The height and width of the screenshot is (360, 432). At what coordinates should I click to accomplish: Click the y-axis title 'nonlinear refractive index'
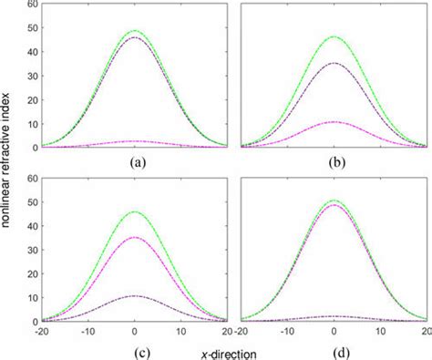click(8, 178)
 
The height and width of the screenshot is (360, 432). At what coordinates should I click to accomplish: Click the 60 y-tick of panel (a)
click(33, 5)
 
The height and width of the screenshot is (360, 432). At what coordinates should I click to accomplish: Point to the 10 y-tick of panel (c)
click(33, 298)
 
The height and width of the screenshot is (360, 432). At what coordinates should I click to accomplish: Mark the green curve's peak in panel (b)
click(331, 36)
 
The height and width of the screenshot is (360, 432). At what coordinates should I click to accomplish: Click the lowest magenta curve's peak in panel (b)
click(331, 121)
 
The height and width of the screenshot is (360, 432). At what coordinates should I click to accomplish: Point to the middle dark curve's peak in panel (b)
click(331, 63)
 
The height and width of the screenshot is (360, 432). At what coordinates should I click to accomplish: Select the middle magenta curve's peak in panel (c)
click(135, 237)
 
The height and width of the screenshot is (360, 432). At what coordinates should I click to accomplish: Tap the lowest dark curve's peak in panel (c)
click(135, 296)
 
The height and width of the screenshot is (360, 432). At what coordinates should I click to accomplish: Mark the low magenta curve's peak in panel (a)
click(135, 140)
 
